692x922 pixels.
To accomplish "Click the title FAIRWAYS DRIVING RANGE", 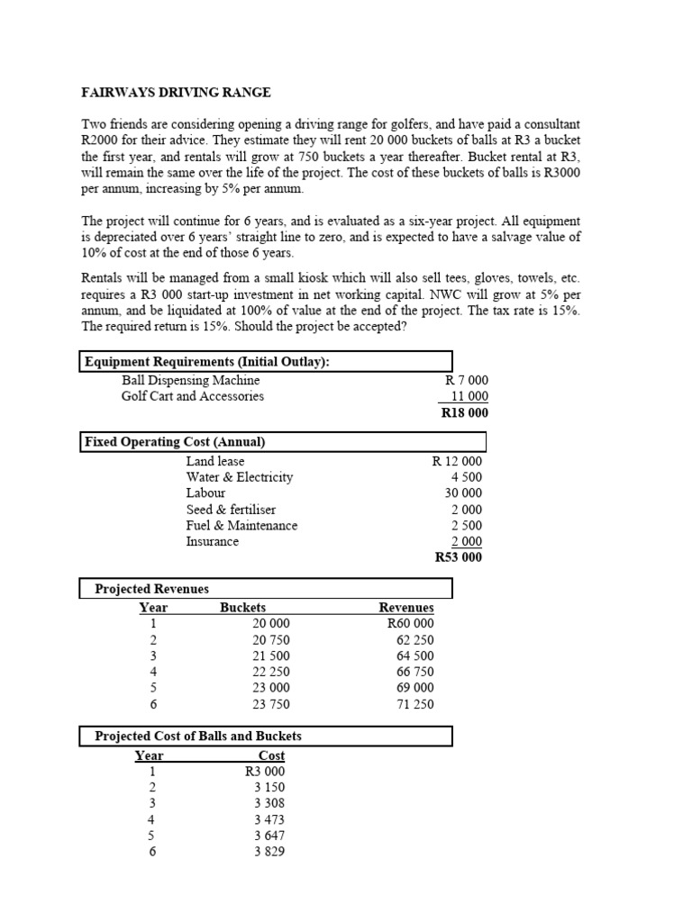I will coord(177,93).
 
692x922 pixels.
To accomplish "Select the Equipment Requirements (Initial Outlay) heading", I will coord(206,362).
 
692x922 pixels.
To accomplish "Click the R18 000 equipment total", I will coord(464,413).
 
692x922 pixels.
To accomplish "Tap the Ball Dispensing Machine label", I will coord(190,380).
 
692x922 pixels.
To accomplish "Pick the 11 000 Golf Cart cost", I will coord(469,396).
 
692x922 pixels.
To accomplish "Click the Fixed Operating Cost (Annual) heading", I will coord(174,442).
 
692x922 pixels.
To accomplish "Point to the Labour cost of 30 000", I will coord(464,493).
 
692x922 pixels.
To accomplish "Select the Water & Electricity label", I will coord(239,477).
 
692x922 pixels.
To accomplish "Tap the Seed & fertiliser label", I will coord(231,510).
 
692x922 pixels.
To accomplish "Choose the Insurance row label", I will coord(212,541).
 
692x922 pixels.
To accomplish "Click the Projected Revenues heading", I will coord(151,589).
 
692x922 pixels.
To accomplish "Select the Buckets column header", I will coord(242,608).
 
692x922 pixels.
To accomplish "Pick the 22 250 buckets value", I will coord(271,672).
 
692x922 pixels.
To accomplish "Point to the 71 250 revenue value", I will coord(414,704).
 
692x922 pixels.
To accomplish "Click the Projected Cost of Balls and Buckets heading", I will coord(198,737).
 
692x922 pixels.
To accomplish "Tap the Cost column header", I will coord(271,755).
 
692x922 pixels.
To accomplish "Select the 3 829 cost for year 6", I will coord(269,852).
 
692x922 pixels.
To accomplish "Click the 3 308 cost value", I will coord(269,803).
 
